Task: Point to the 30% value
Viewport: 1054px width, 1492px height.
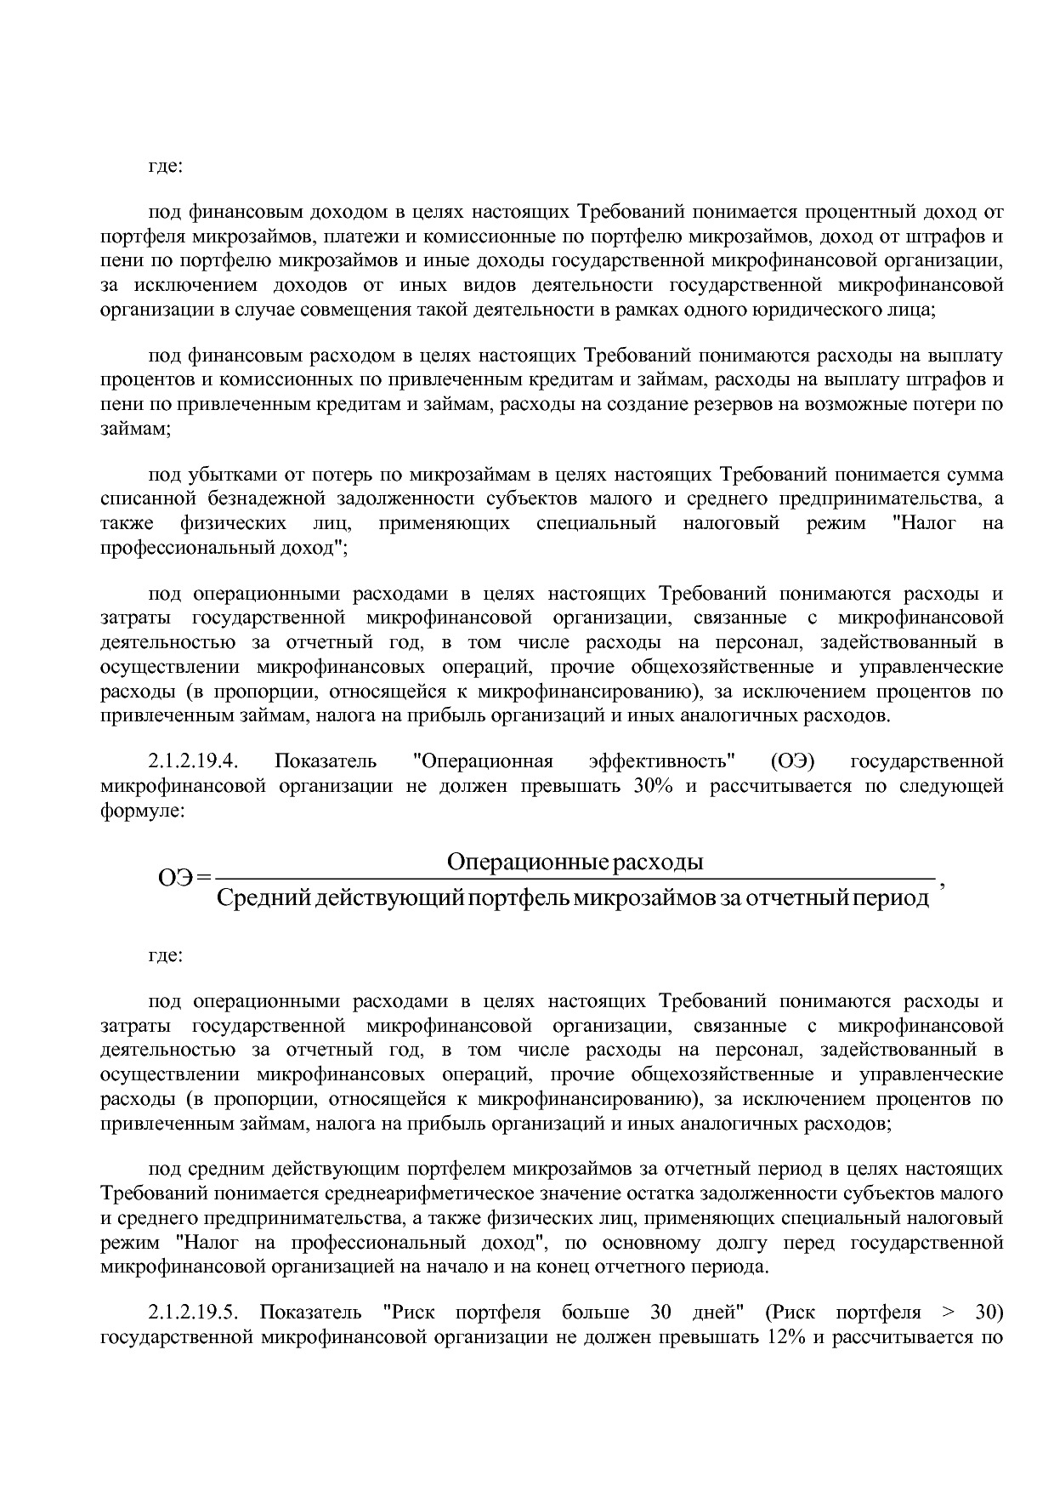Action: click(653, 785)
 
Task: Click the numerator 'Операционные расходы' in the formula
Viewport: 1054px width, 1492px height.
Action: click(575, 862)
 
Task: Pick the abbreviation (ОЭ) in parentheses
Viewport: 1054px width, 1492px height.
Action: click(794, 760)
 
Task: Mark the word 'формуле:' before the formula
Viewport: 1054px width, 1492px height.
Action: click(141, 810)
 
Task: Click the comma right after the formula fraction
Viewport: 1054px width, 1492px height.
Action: click(939, 883)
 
